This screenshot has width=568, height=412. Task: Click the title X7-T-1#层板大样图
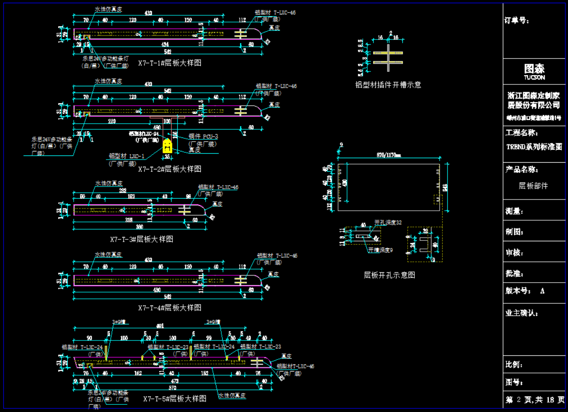pyautogui.click(x=169, y=63)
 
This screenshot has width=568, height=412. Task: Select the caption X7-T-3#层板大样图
pyautogui.click(x=141, y=239)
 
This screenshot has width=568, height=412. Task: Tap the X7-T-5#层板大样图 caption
pyautogui.click(x=175, y=399)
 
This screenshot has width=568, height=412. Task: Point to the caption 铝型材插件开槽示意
pyautogui.click(x=388, y=84)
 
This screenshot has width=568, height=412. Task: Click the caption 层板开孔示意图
pyautogui.click(x=389, y=275)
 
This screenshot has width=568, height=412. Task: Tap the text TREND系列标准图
pyautogui.click(x=534, y=147)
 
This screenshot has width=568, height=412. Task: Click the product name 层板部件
pyautogui.click(x=533, y=186)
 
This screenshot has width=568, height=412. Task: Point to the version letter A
pyautogui.click(x=542, y=291)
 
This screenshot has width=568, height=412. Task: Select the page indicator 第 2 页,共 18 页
pyautogui.click(x=534, y=399)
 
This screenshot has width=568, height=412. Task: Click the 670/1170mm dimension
pyautogui.click(x=388, y=155)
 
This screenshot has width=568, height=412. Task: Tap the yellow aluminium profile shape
pyautogui.click(x=167, y=145)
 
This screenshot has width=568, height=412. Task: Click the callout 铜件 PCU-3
pyautogui.click(x=203, y=136)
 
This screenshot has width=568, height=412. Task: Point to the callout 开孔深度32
pyautogui.click(x=388, y=222)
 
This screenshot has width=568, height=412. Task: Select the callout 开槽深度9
pyautogui.click(x=380, y=250)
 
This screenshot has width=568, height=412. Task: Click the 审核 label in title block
pyautogui.click(x=515, y=253)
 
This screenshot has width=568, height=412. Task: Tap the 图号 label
pyautogui.click(x=515, y=382)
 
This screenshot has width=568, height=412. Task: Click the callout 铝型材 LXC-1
pyautogui.click(x=126, y=156)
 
